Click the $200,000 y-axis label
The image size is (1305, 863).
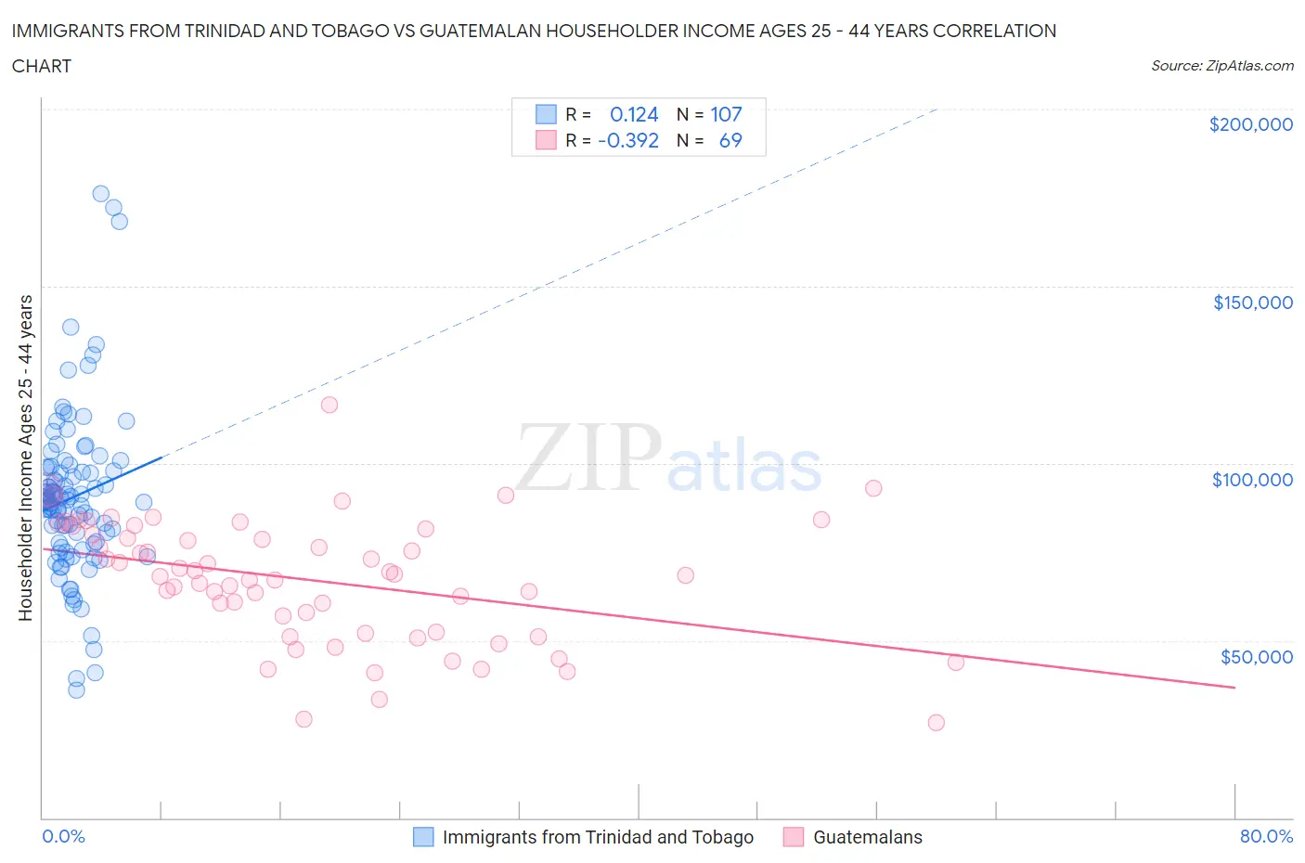point(1250,124)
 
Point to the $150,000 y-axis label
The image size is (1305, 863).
point(1252,302)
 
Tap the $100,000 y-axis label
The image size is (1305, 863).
point(1252,479)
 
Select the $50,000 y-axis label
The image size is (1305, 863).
point(1256,656)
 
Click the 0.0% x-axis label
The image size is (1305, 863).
point(63,836)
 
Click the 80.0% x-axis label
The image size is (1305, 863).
point(1266,836)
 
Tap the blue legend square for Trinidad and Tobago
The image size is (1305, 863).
point(423,837)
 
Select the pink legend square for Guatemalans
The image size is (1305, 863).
point(794,837)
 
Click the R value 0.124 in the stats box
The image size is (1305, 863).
point(634,114)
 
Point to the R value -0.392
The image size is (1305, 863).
point(628,140)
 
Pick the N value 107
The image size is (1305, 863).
point(726,114)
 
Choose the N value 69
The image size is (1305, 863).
point(730,140)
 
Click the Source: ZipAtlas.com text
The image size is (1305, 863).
point(1221,65)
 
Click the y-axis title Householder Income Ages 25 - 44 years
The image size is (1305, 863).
point(25,457)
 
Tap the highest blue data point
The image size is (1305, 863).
point(101,194)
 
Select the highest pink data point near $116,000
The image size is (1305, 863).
point(329,405)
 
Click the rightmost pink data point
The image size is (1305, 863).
point(955,662)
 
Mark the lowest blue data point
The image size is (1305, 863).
point(76,689)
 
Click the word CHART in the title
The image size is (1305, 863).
point(42,66)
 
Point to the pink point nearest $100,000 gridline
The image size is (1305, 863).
point(873,488)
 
